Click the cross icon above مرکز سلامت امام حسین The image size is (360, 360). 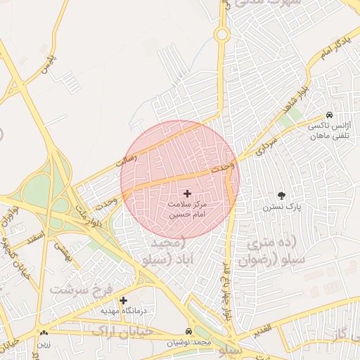[187, 193]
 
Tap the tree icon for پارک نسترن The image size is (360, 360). [282, 195]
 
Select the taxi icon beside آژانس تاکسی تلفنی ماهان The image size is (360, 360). [329, 115]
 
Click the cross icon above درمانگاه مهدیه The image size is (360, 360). [124, 300]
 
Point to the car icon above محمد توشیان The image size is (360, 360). [188, 331]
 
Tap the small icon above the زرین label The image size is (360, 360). [44, 333]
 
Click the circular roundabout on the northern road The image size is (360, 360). [221, 34]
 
